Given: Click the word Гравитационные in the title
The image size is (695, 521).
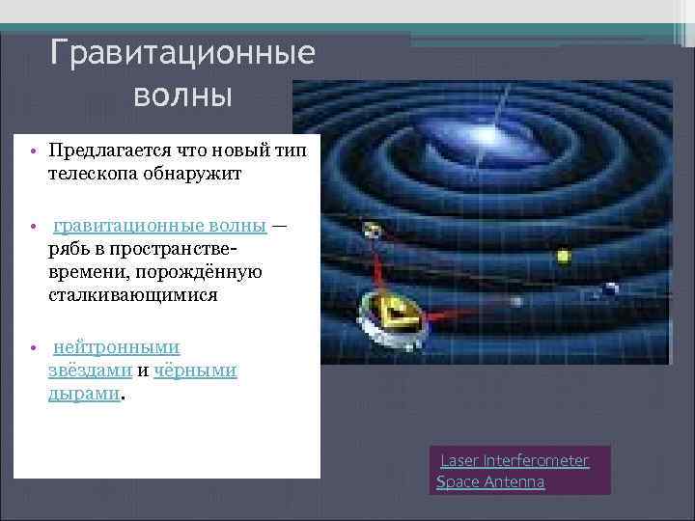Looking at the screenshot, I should pos(182,54).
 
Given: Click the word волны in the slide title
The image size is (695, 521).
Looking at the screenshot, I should pos(182,96).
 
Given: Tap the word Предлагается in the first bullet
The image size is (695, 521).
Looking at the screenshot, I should pos(109,151).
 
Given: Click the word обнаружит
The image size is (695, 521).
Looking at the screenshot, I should pos(187,175).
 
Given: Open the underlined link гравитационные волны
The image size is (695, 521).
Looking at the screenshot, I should pos(160,226).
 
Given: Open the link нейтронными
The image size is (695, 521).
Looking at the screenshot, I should pos(116,347).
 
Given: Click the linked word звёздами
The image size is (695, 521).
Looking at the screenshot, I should pos(90,370).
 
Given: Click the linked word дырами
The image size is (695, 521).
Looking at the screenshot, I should pos(84,394).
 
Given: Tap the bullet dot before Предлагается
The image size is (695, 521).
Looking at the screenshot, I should pos(32,152).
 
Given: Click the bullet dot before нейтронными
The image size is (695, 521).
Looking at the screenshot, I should pos(32,348).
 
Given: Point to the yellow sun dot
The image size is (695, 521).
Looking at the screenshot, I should pos(563,258).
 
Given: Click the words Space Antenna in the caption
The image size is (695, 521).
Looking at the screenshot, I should pos(491,481).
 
